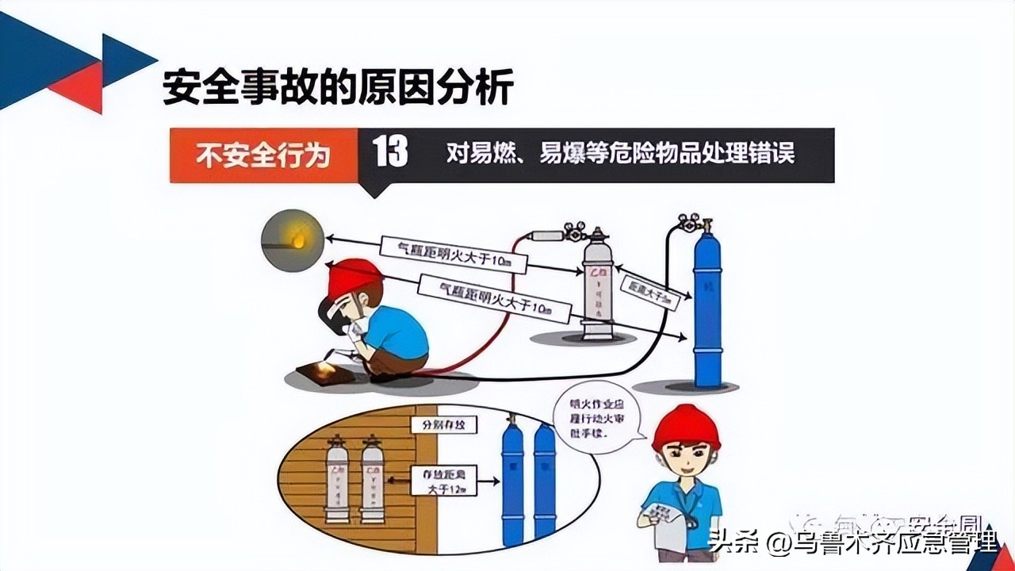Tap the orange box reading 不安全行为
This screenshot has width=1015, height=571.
(262, 155)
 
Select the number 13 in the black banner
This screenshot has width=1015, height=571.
(391, 152)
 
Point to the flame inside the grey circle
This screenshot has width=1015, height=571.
(299, 237)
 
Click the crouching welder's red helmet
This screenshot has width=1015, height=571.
(354, 278)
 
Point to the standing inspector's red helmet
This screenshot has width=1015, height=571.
(686, 427)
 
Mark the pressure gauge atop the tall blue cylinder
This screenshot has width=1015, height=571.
(695, 223)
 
